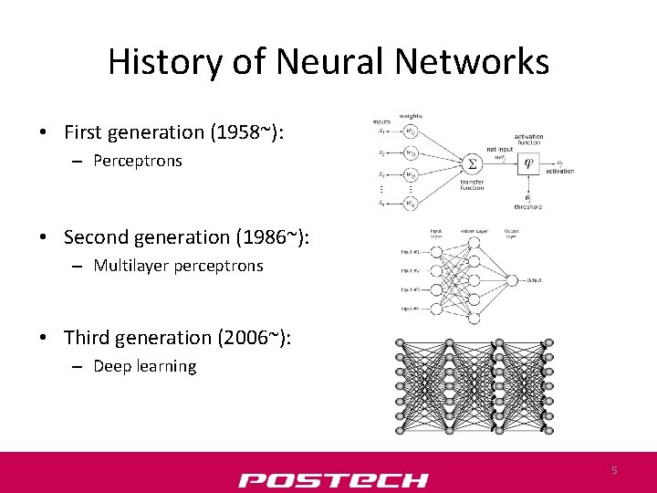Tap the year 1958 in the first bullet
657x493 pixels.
coord(240,132)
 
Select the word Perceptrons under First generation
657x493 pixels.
coord(138,161)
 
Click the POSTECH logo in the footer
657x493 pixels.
coord(333,479)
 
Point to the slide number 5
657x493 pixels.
coord(614,469)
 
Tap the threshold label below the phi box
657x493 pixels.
coord(527,206)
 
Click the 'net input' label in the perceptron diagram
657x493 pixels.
coord(498,151)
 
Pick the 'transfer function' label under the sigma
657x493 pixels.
coord(472,185)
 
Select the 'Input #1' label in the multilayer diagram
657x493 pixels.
coord(409,251)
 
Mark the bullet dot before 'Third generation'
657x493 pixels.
coord(44,338)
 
